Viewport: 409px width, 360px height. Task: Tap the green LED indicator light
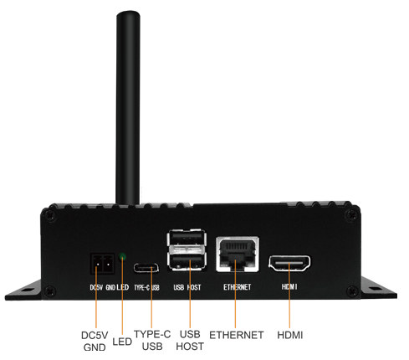122,256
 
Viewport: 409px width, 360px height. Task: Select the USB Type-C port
146,268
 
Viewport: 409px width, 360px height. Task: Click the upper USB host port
187,238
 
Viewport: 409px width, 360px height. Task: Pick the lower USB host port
187,260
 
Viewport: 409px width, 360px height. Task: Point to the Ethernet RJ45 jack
238,254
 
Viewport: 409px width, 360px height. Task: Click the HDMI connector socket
289,264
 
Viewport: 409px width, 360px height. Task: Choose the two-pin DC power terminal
102,264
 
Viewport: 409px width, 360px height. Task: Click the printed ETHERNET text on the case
237,287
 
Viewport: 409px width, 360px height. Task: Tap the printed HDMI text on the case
289,286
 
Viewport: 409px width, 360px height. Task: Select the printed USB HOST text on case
187,287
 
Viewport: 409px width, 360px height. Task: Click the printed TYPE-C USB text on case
146,287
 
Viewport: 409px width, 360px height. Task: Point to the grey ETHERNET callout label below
237,335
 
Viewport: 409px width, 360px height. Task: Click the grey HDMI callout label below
290,335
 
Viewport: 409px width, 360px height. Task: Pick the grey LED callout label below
122,342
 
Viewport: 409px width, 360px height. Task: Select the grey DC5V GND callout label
95,341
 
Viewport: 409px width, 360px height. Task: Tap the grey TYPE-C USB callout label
152,340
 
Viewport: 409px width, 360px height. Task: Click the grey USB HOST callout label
190,340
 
